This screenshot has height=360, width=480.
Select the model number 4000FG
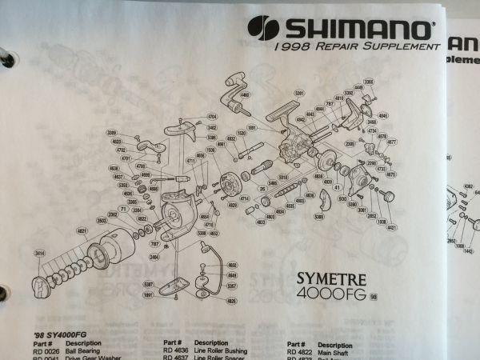pyautogui.click(x=332, y=295)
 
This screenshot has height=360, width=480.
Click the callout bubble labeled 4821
pyautogui.click(x=82, y=230)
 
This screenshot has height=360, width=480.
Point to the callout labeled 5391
pyautogui.click(x=299, y=93)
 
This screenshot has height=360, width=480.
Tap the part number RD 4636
pyautogui.click(x=175, y=350)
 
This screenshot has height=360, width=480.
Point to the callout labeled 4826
pyautogui.click(x=232, y=300)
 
